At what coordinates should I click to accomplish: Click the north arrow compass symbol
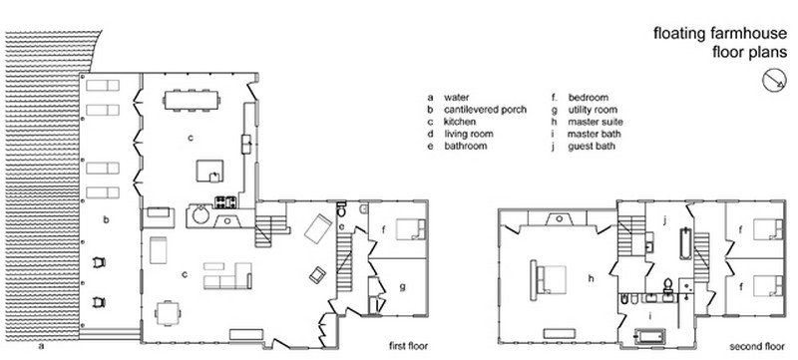[x=774, y=81]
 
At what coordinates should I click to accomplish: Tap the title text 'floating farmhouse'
[x=720, y=34]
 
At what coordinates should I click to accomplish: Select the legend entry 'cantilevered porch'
[x=485, y=110]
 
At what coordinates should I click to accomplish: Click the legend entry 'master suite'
[x=595, y=122]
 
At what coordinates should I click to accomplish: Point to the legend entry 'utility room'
[x=593, y=110]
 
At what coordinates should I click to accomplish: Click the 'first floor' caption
[x=408, y=346]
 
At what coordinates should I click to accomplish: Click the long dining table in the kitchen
[x=192, y=100]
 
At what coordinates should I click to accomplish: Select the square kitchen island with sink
[x=210, y=171]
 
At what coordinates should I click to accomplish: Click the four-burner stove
[x=225, y=201]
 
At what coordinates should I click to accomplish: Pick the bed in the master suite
[x=548, y=279]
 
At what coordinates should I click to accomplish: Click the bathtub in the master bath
[x=650, y=336]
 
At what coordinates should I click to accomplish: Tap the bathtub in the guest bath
[x=685, y=244]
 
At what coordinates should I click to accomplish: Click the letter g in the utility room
[x=402, y=287]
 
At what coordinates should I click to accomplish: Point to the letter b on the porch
[x=106, y=219]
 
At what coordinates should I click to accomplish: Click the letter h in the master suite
[x=591, y=278]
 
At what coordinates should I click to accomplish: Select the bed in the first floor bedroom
[x=411, y=228]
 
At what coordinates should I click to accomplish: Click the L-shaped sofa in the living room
[x=227, y=276]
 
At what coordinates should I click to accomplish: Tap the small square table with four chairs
[x=168, y=313]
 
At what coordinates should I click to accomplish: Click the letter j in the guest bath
[x=664, y=219]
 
